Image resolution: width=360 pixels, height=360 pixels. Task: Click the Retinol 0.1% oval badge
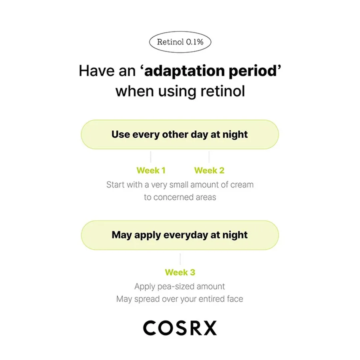[x=180, y=42]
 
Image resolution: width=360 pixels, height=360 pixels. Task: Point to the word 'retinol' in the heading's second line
[x=224, y=91]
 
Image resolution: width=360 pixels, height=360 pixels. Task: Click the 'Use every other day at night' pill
[x=180, y=134]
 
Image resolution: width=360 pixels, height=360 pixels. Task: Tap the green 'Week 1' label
[x=151, y=170]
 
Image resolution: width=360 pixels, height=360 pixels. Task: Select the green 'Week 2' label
[x=209, y=170]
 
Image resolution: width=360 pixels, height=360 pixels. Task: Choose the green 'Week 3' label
[x=180, y=272]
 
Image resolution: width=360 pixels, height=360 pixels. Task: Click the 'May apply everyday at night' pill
[x=180, y=235]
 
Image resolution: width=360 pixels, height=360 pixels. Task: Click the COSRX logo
[x=180, y=327]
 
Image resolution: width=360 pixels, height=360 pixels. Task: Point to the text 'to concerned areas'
[x=180, y=197]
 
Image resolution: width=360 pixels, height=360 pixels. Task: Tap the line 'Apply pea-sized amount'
[x=180, y=286]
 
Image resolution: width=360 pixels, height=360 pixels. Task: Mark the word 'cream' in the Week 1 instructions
[x=242, y=185]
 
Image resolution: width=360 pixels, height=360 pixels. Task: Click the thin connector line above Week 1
[x=151, y=156]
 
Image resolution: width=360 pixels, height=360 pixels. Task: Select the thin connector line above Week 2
[x=209, y=156]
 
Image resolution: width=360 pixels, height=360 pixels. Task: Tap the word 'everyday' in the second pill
[x=180, y=235]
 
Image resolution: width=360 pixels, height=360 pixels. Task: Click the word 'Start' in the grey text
[x=116, y=185]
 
